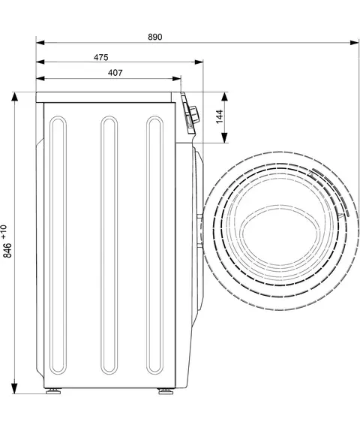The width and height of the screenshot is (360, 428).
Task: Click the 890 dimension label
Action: click(155, 37)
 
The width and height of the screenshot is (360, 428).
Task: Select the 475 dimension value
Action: click(101, 57)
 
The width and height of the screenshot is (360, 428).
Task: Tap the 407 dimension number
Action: click(115, 73)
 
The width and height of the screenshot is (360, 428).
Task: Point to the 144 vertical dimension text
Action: click(219, 117)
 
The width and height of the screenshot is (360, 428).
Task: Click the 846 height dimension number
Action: click(7, 250)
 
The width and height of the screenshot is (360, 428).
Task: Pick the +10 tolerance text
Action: click(4, 231)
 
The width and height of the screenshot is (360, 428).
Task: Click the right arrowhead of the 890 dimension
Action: click(355, 43)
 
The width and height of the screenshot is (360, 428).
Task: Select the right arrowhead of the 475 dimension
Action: click(199, 62)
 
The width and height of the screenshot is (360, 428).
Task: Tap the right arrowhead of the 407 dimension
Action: click(176, 79)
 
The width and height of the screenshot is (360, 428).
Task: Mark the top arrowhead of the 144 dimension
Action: click(224, 97)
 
